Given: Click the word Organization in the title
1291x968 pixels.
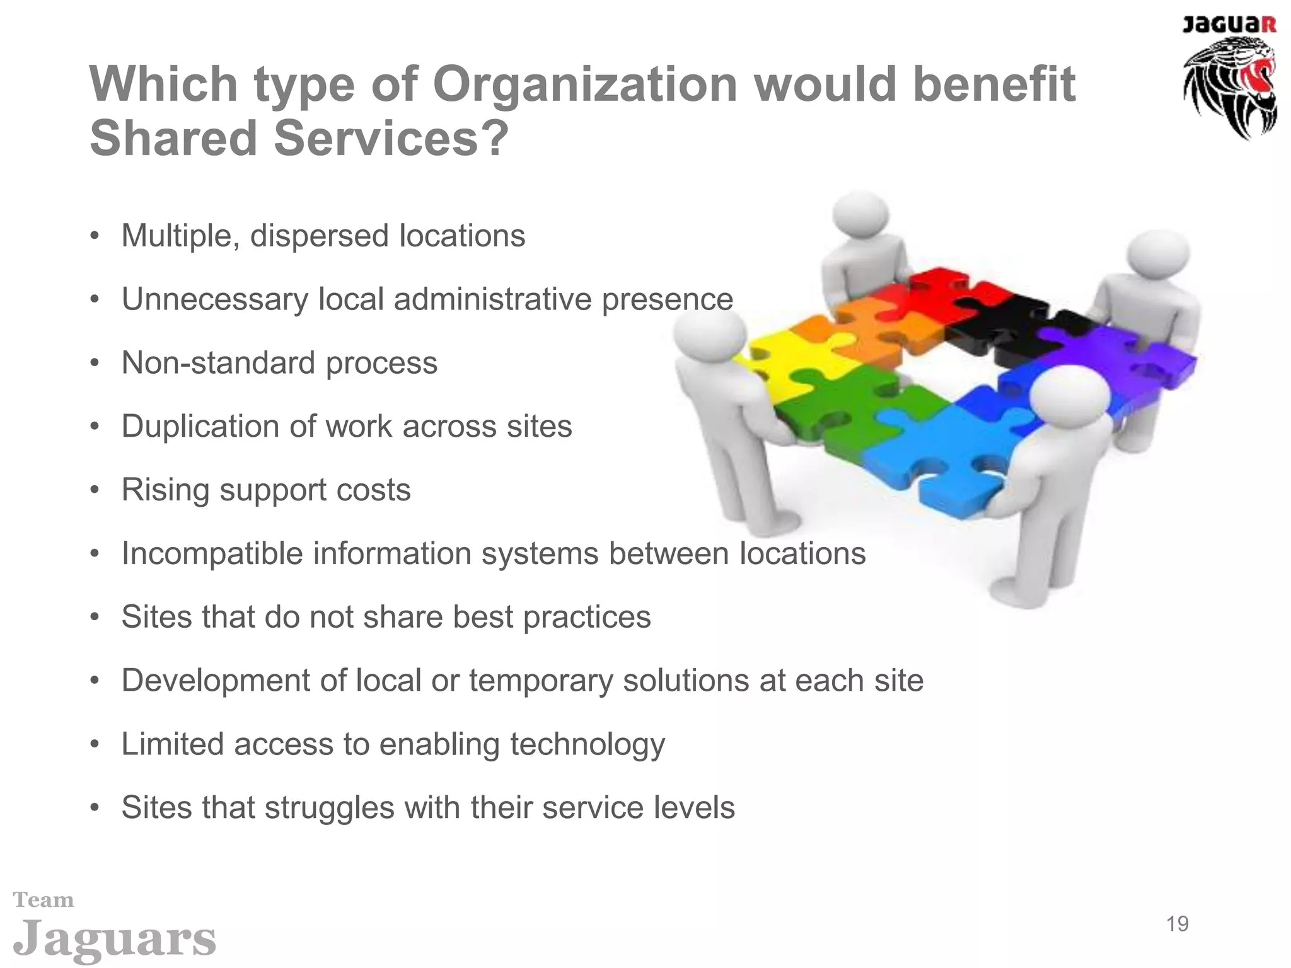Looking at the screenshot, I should click(585, 84).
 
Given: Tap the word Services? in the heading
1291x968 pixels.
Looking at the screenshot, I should click(391, 139).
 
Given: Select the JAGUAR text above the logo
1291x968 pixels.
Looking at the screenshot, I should click(1229, 25).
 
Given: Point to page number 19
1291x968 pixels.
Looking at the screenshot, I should click(1177, 924).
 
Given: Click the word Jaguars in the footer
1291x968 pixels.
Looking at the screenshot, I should click(114, 939).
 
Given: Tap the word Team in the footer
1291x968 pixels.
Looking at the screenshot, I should click(43, 900).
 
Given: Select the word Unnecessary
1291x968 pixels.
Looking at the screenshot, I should click(215, 299).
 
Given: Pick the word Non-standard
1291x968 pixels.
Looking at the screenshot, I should click(218, 363).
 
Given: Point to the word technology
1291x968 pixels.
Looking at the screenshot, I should click(588, 745).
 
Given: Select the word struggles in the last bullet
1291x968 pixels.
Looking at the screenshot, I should click(328, 808).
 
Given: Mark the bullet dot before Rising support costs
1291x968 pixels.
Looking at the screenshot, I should click(95, 490).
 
